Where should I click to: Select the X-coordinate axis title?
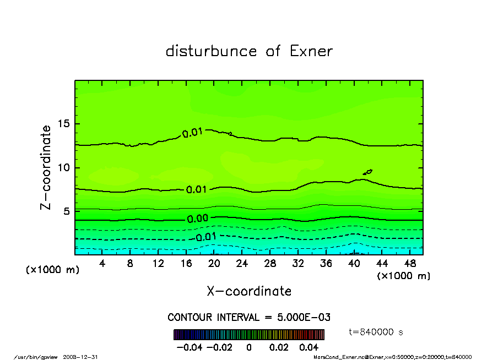click(249, 291)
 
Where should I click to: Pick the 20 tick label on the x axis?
click(214, 263)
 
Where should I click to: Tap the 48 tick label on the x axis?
click(410, 263)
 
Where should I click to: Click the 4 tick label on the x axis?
click(102, 263)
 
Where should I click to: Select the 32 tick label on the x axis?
click(298, 263)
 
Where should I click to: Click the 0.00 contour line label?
click(197, 219)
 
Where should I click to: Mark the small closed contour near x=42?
click(368, 172)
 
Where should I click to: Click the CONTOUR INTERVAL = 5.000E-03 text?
click(249, 318)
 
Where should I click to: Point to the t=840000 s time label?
click(376, 331)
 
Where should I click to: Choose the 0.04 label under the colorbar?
click(308, 347)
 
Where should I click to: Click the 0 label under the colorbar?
click(249, 347)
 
